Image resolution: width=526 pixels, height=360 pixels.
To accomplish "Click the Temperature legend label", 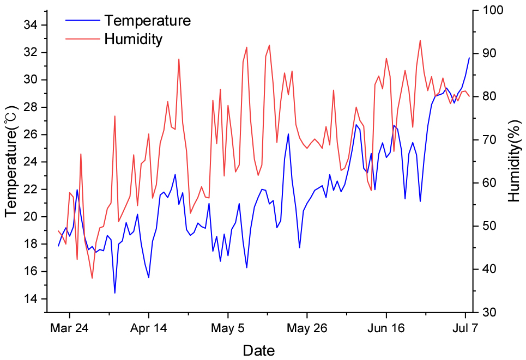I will coord(148,21).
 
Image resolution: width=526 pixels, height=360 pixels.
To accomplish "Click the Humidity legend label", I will coord(134,39).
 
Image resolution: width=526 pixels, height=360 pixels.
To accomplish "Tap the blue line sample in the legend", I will coord(83,21).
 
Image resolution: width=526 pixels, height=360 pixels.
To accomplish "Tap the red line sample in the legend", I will coord(83,39).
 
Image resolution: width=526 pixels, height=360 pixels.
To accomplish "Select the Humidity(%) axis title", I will coord(514,161).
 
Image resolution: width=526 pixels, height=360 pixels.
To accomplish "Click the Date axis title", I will coord(259,350).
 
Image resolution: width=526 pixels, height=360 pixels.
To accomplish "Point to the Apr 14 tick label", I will coord(148,328).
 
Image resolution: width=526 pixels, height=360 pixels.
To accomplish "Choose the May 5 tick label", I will coord(228,328).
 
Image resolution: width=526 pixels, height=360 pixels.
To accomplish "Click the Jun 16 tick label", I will coord(386,328).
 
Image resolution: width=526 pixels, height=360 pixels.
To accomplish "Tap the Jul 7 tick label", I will coord(465,328).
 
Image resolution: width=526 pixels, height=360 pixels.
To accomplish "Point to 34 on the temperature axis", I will coord(31,25).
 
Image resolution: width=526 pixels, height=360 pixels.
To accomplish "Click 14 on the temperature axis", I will coord(31,299).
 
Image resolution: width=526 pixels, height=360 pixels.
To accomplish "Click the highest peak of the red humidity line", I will coord(420,40).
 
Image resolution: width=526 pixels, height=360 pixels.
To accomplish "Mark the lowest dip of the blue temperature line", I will coord(114,293).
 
